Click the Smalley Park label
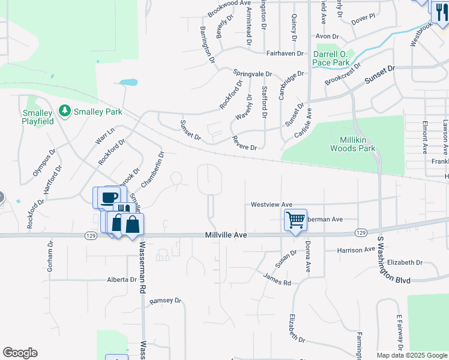point(98,112)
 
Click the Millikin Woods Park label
point(353,144)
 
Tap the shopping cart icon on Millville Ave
point(295,220)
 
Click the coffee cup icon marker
point(109,197)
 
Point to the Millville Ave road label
point(226,236)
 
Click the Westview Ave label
point(271,205)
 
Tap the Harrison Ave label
point(356,250)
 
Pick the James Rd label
point(277,279)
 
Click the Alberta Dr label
point(122,280)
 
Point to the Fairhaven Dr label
point(286,53)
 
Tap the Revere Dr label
point(244,143)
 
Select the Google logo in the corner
point(20,352)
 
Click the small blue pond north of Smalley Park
point(128,82)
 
